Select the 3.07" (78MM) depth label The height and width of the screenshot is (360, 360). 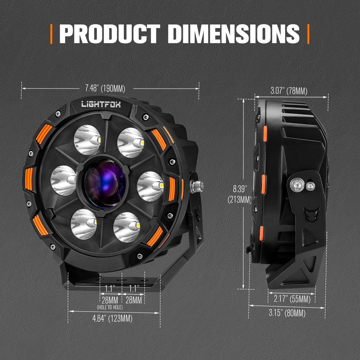click(x=289, y=91)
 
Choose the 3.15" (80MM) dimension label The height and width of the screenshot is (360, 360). click(x=287, y=313)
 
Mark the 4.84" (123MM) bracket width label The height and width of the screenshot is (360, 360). click(x=112, y=318)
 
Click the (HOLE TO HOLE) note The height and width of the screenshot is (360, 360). click(x=110, y=307)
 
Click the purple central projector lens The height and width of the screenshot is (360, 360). click(x=105, y=183)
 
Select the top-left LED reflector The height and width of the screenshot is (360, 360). click(x=87, y=140)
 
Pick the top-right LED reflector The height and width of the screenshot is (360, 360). click(x=131, y=143)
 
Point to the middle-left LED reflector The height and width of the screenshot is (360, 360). click(x=64, y=180)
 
